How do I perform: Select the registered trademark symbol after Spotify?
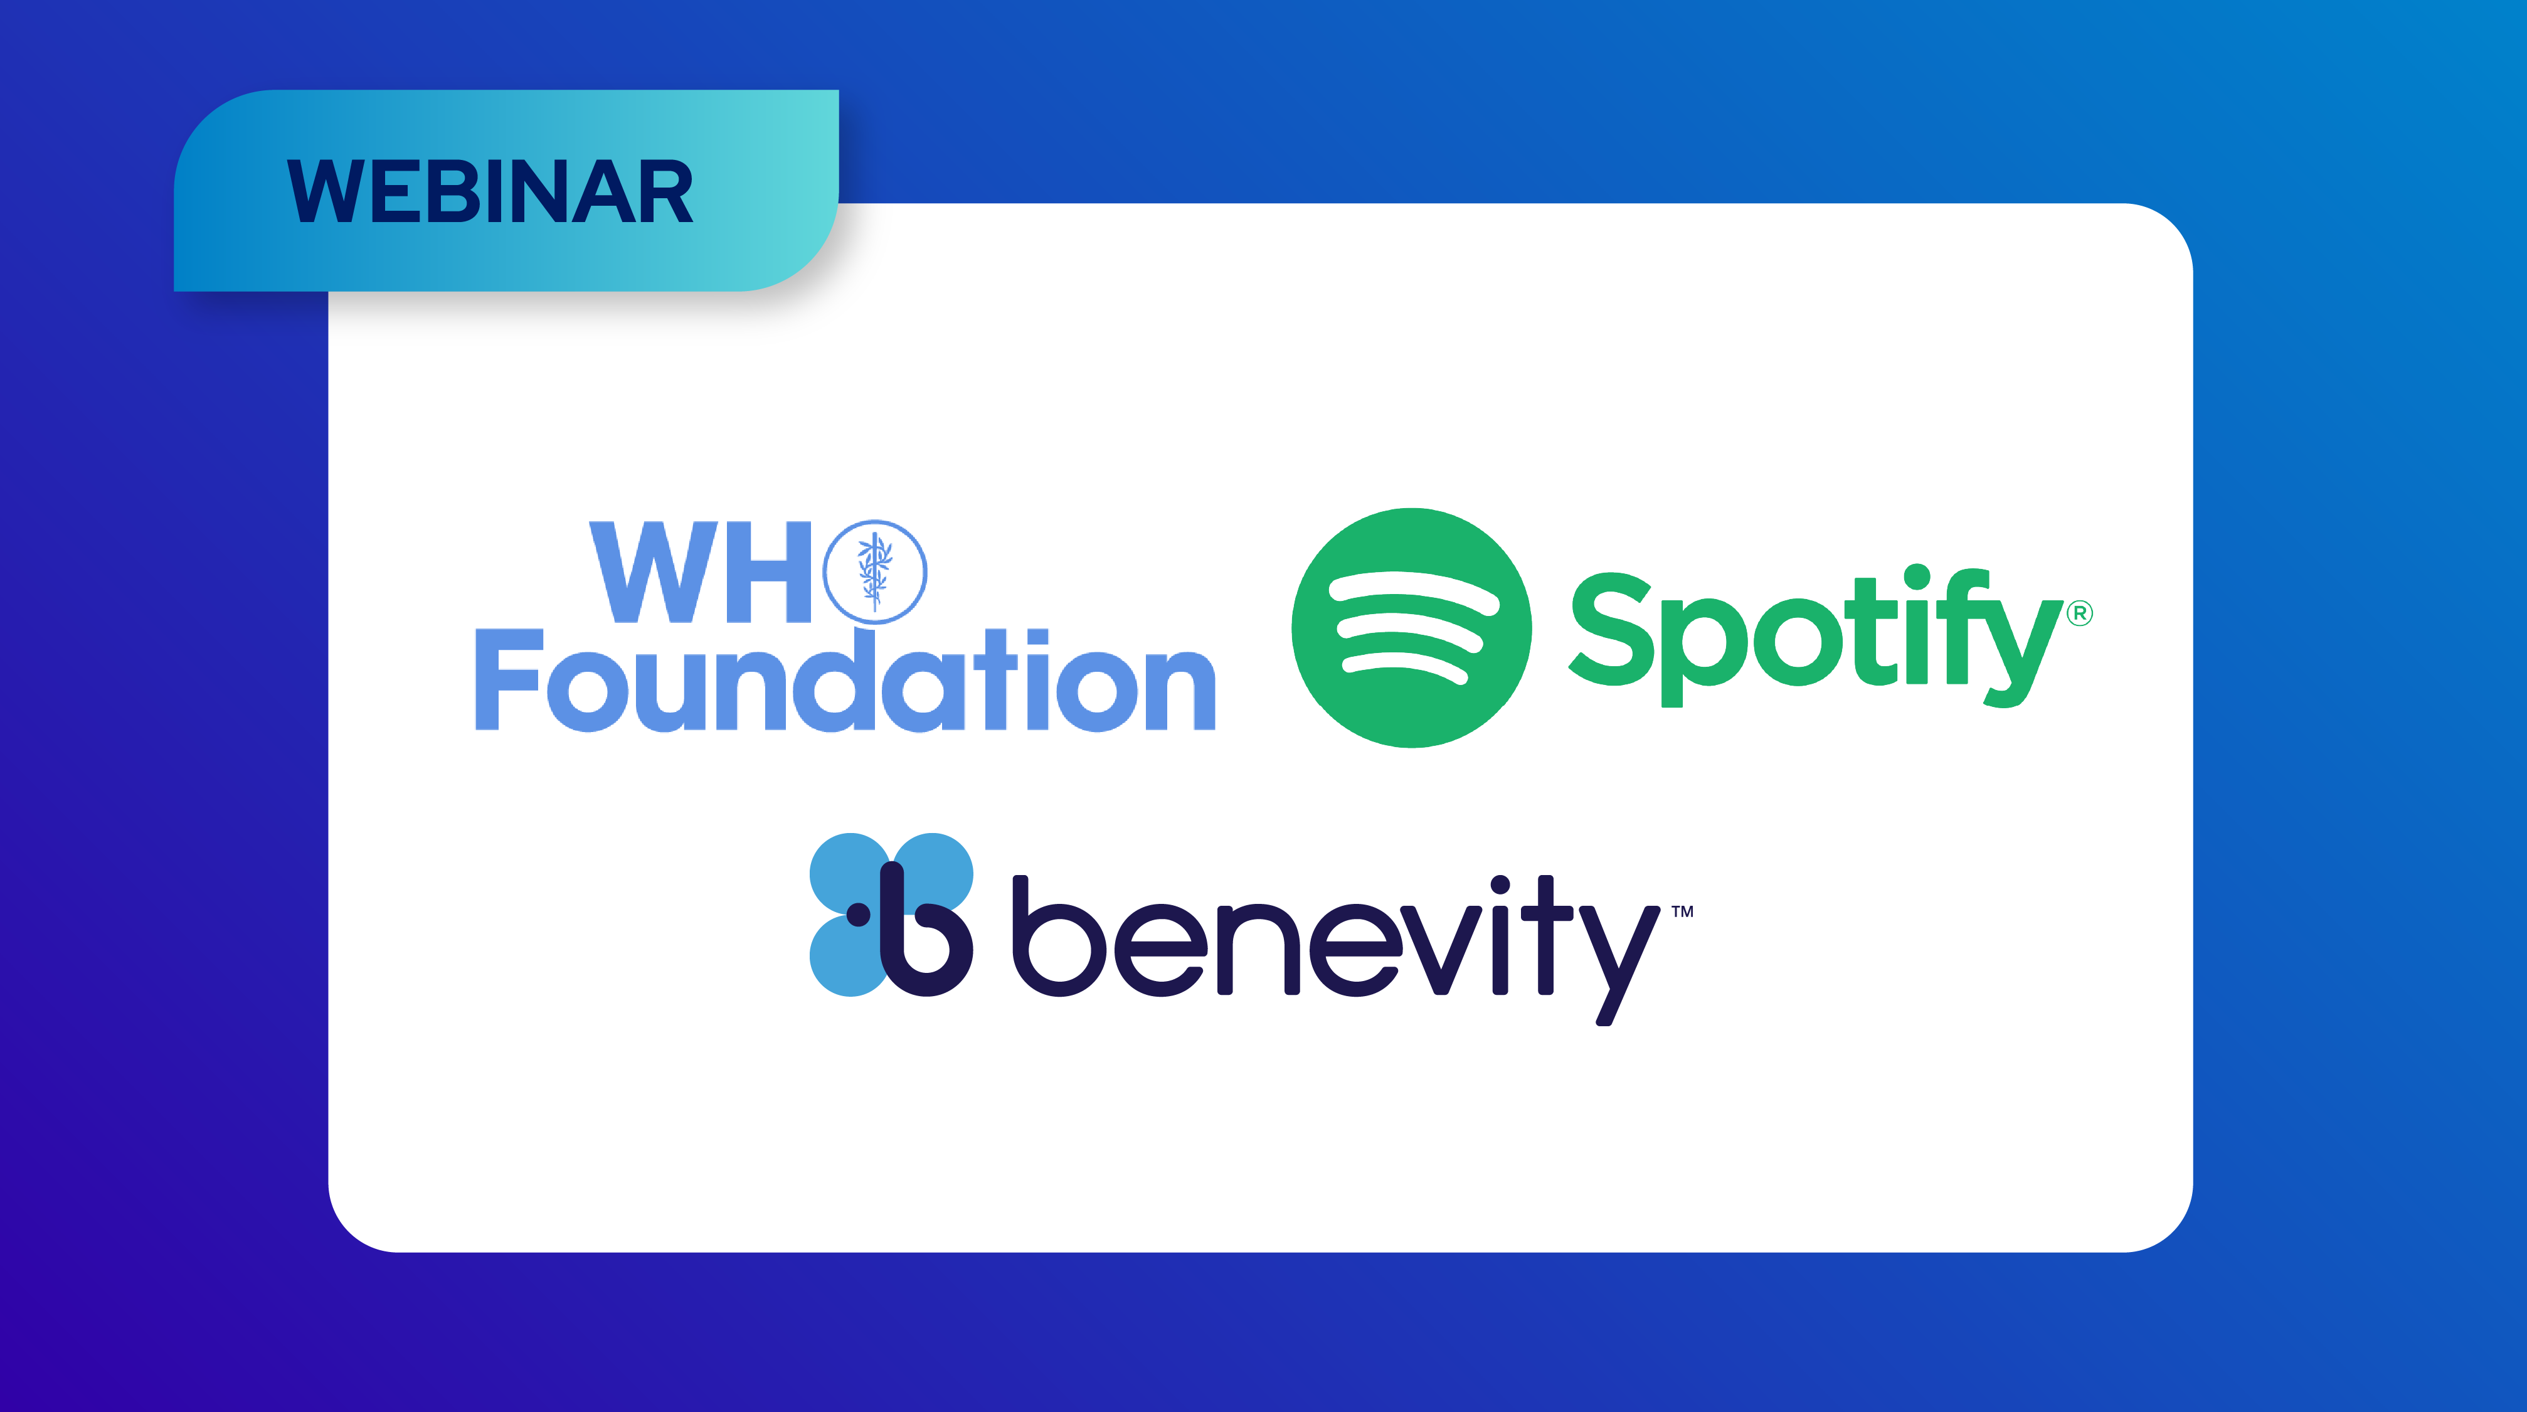(2080, 613)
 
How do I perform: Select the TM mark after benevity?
(1682, 911)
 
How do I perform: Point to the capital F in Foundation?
(508, 679)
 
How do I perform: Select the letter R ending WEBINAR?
(667, 191)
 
